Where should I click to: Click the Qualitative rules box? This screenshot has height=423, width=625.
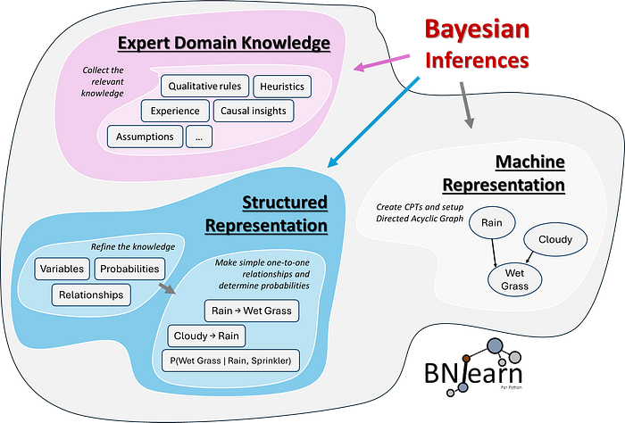click(204, 87)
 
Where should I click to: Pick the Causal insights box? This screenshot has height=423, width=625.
click(250, 112)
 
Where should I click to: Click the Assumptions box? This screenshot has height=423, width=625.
click(145, 137)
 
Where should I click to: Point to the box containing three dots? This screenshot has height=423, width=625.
click(199, 137)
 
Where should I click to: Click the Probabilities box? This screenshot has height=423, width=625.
click(129, 269)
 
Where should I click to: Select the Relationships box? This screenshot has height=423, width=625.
click(91, 294)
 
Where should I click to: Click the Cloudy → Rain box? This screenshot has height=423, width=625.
click(207, 336)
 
